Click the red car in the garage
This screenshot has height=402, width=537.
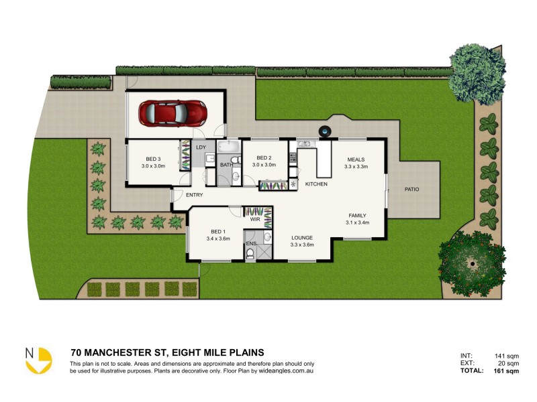172,113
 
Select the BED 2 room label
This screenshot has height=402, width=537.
264,157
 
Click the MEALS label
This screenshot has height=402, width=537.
355,159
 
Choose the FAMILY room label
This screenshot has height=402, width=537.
358,215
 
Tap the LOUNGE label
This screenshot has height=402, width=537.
302,237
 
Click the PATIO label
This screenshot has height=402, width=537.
411,190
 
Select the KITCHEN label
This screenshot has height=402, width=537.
316,184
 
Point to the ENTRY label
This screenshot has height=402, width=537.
195,195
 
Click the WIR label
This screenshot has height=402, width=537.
254,218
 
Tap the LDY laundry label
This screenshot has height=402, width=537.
200,147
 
